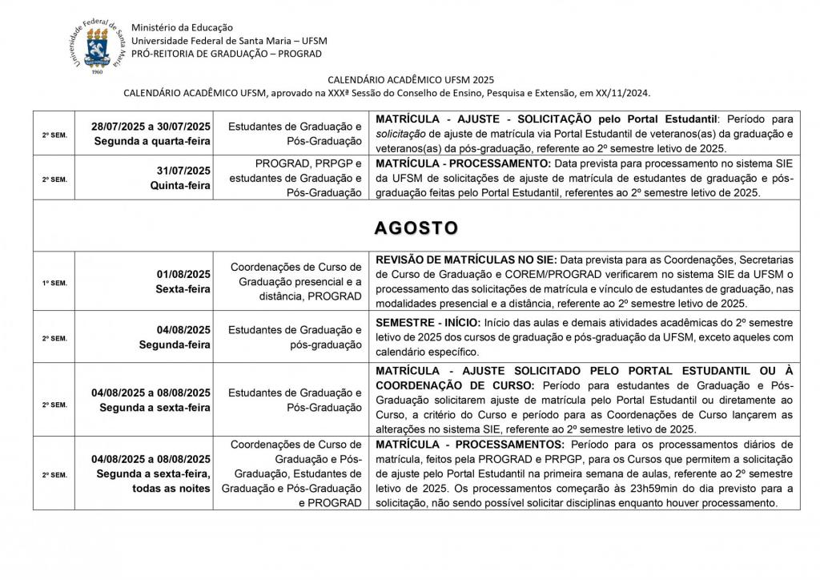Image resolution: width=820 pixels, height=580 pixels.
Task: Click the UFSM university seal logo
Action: point(97,46)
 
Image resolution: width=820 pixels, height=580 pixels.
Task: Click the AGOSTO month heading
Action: point(416,228)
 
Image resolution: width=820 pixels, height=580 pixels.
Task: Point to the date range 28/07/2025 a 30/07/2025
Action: point(151,127)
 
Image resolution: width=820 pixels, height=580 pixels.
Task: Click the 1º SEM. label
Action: point(54,282)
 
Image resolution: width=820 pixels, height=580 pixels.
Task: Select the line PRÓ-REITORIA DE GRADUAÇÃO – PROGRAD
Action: point(227,54)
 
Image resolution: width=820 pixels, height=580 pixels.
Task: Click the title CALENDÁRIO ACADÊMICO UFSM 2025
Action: point(411,79)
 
